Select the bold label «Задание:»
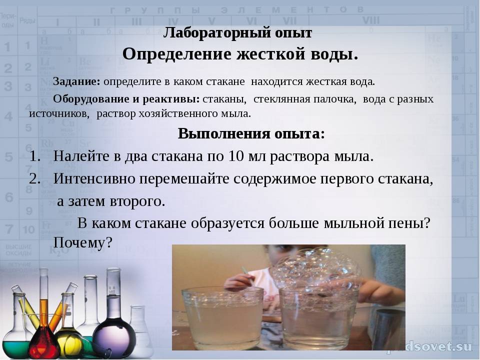76,81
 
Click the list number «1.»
35,156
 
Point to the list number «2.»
35,179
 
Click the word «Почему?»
83,243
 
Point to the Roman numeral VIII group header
370,21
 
